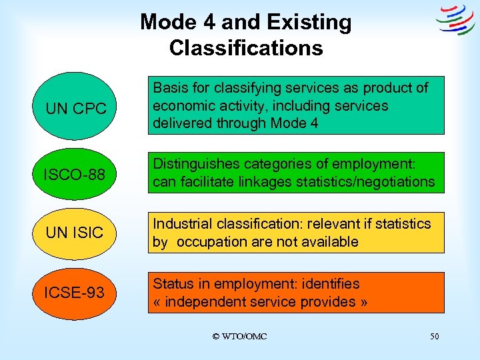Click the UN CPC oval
coord(75,107)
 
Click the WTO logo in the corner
coord(455,21)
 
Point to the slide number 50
coord(434,337)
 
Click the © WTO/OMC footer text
coord(239,337)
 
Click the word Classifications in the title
coord(246,48)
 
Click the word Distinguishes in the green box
coord(194,164)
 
